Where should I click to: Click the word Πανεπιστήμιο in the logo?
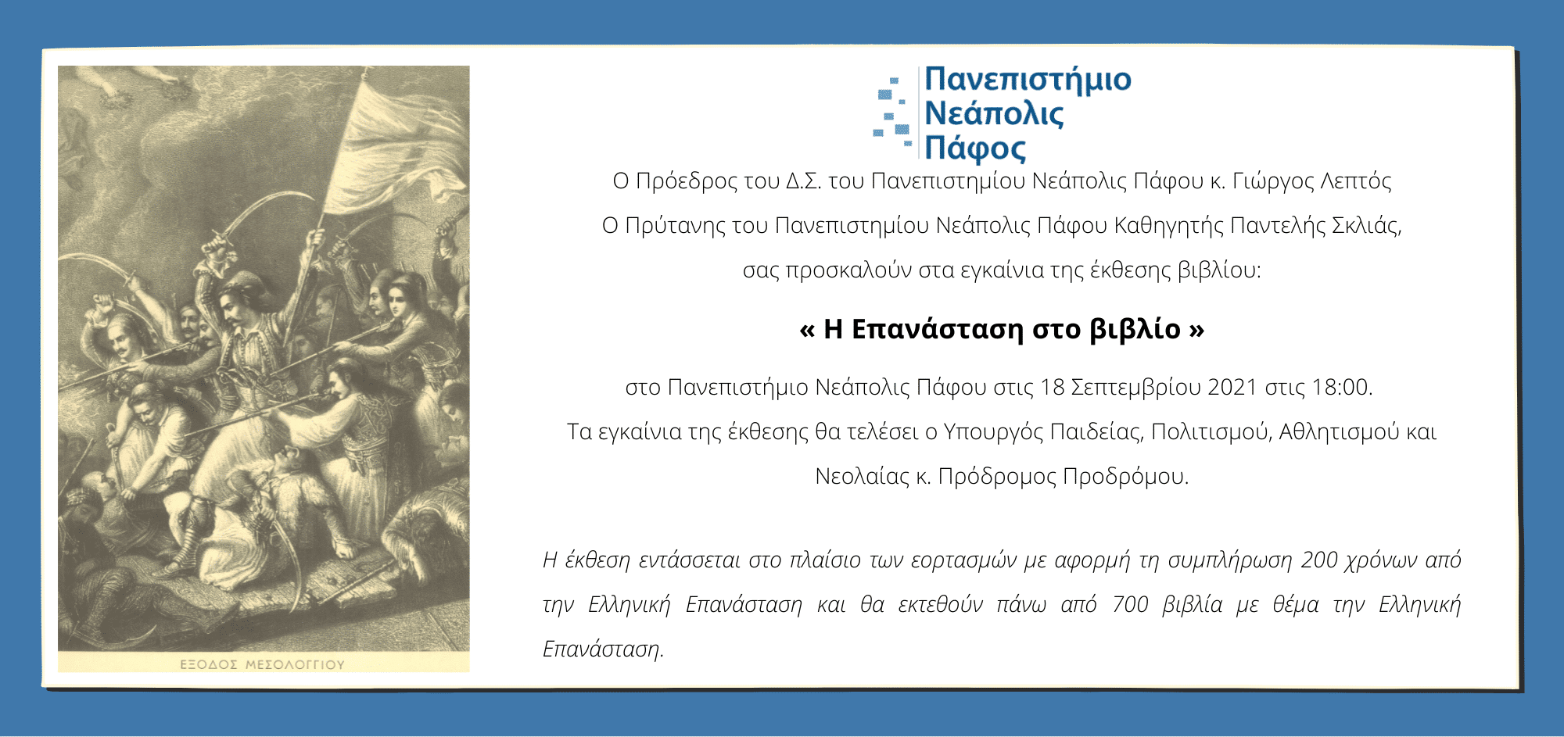pos(1028,80)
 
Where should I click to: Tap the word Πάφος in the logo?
pos(975,148)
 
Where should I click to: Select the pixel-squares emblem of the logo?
pos(893,112)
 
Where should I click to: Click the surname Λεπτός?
pos(1356,182)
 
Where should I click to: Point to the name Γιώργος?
pos(1272,182)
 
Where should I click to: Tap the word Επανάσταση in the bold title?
pos(937,330)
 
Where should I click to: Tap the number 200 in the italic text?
pos(1319,560)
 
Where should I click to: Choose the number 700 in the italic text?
pos(1130,604)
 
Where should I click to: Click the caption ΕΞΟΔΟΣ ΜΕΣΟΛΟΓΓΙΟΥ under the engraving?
pos(262,664)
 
